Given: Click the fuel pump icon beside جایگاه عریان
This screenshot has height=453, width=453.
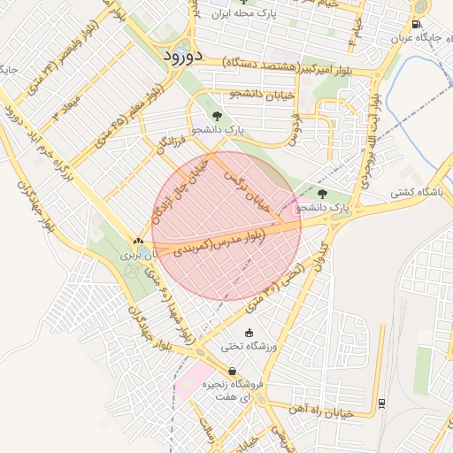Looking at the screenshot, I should [x=417, y=25].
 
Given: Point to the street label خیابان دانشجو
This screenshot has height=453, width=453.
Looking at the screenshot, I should [x=247, y=93].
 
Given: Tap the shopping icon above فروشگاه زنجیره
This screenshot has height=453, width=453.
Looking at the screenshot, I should [x=232, y=371].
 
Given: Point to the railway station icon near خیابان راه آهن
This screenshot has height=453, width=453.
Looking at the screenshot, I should [x=381, y=404].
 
